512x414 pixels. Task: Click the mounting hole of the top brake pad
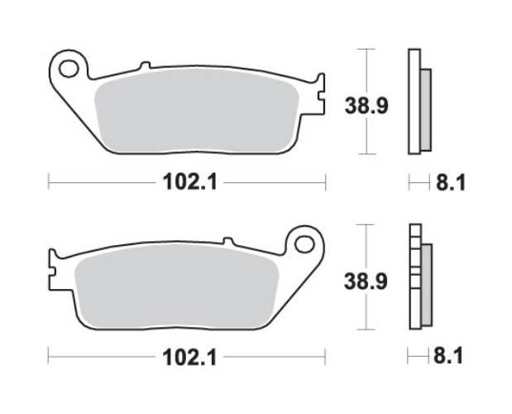(69, 65)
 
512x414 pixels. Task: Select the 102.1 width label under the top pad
(189, 182)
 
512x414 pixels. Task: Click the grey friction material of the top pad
(194, 112)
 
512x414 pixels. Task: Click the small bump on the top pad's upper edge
(145, 65)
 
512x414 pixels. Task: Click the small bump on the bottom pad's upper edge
(229, 241)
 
